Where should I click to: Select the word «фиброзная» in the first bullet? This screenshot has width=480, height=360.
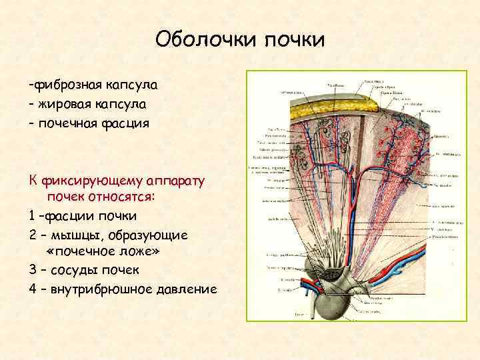coord(65,87)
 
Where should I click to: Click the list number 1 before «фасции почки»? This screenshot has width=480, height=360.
coord(32,216)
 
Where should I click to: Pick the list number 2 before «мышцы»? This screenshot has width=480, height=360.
coord(32,235)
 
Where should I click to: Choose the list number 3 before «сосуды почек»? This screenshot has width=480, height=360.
coord(32,271)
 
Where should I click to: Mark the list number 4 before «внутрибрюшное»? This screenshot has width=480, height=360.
coord(32,289)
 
